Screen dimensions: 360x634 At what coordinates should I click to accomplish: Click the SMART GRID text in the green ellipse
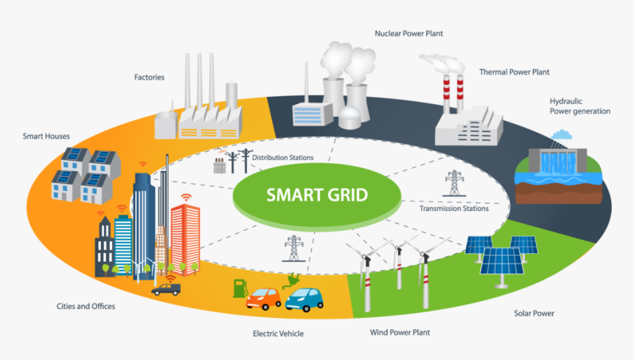click(317, 196)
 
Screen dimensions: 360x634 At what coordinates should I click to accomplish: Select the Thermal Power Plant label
click(514, 72)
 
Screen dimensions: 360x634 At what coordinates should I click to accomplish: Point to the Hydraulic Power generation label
click(579, 106)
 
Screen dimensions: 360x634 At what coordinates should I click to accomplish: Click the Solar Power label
click(534, 314)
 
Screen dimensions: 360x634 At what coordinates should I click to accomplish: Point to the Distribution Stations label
click(282, 157)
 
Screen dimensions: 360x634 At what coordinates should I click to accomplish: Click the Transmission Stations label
click(453, 208)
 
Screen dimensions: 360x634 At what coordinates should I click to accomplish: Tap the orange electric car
click(263, 298)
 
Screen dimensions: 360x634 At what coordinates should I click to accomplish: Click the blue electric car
click(304, 299)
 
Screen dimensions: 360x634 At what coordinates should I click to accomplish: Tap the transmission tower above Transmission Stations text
click(454, 183)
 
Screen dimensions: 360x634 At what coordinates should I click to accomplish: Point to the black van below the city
click(166, 288)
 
